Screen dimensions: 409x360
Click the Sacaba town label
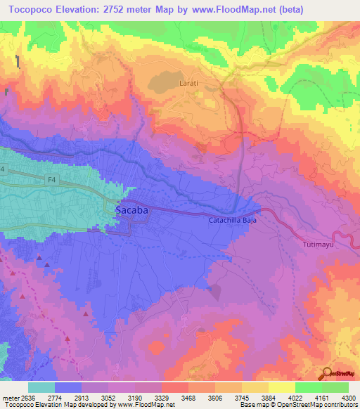pyautogui.click(x=131, y=209)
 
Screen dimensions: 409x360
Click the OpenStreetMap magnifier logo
pyautogui.click(x=328, y=372)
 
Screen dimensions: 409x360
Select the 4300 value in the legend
pyautogui.click(x=348, y=398)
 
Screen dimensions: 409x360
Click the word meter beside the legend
pyautogui.click(x=8, y=398)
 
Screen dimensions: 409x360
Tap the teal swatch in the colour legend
pyautogui.click(x=41, y=387)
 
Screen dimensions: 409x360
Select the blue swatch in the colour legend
pyautogui.click(x=68, y=387)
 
